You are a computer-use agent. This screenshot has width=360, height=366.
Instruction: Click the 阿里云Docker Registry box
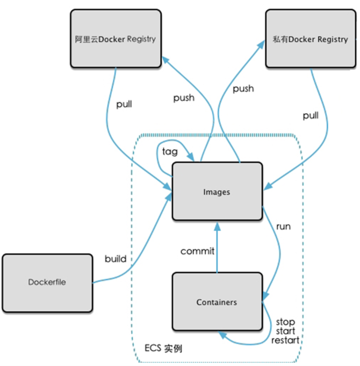116,39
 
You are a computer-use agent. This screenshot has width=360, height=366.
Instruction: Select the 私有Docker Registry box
310,39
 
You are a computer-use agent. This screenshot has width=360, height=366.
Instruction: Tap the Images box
217,192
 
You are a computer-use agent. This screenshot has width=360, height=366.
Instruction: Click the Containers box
217,302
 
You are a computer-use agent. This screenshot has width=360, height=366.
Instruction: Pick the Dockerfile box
47,282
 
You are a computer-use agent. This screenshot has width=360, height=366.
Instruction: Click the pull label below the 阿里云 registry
124,104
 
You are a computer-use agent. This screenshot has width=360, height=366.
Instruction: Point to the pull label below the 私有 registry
311,115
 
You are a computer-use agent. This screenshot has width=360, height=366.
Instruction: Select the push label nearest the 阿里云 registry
184,98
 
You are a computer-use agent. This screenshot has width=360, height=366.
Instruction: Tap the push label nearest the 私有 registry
243,89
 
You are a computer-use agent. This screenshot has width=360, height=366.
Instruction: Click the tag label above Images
170,151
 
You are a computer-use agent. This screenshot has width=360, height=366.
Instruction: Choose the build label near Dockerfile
116,259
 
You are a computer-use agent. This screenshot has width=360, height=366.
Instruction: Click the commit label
197,251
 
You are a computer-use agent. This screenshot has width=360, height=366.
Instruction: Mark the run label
283,226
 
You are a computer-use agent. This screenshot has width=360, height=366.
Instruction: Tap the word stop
285,322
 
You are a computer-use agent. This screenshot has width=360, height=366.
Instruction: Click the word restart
285,340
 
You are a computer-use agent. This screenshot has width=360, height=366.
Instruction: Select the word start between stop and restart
285,331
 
